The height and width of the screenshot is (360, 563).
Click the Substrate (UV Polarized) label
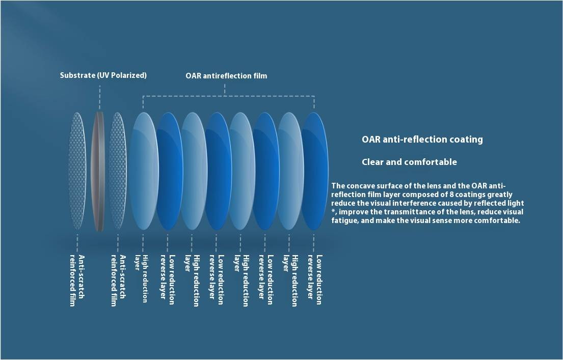[103, 75]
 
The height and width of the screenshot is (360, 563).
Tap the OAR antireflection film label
[226, 76]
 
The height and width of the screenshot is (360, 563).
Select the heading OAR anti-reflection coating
[422, 139]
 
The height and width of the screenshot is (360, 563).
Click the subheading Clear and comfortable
[409, 162]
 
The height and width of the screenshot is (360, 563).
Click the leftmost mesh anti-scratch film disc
[77, 171]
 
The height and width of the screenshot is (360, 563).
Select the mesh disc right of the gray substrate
[118, 171]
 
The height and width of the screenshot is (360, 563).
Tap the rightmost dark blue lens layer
[315, 171]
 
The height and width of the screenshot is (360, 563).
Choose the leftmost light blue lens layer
[144, 171]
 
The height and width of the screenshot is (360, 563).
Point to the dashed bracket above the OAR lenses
[229, 96]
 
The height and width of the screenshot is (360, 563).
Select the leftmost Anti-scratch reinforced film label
[77, 281]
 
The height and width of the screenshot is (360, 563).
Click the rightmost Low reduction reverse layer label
[314, 280]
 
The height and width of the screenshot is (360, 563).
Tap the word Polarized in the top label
[128, 75]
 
